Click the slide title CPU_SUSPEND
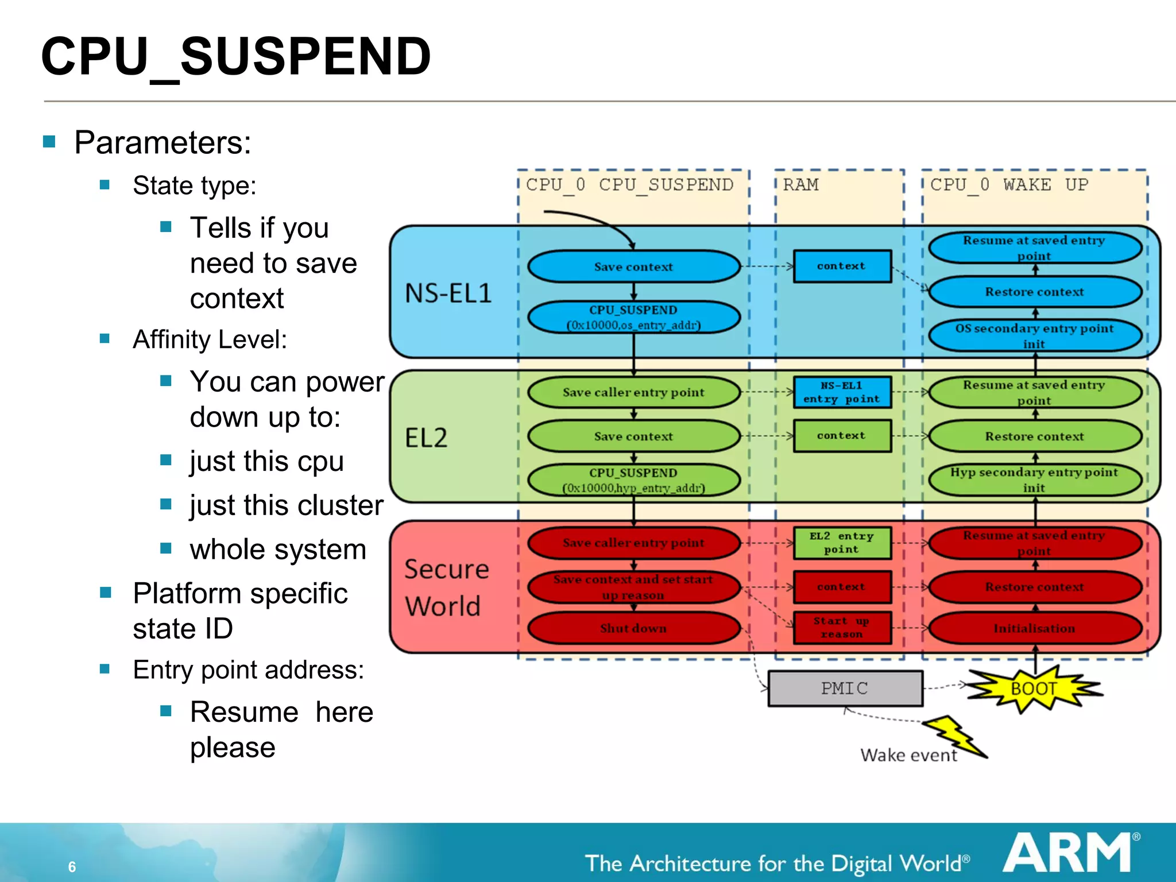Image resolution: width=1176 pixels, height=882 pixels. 235,56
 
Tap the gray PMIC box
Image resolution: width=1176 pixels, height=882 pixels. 845,688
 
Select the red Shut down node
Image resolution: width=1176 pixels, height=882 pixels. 633,628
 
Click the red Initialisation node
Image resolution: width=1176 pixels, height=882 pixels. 1034,628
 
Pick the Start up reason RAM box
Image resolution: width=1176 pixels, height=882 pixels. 842,628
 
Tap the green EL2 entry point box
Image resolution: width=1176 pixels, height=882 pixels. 842,543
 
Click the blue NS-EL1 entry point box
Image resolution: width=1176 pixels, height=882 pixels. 842,392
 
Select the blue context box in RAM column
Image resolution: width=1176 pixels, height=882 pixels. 842,266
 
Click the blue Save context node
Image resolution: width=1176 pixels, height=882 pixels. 633,266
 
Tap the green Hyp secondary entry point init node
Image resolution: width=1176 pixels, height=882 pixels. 1034,480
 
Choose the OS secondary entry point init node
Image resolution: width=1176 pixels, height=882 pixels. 1034,336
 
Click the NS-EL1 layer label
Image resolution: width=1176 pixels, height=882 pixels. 448,293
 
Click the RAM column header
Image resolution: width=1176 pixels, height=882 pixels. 801,185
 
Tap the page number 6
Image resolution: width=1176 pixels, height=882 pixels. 72,866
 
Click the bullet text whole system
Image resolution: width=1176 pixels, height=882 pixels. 278,550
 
